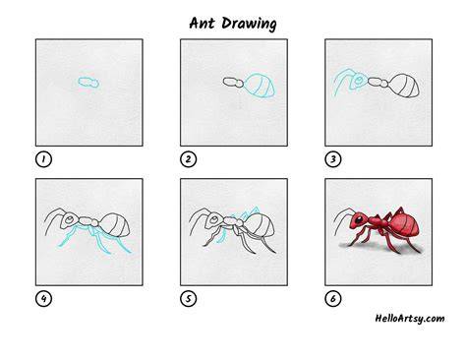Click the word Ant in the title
202,24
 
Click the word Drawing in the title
249,24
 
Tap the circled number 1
43,159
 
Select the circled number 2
189,159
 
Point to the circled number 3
333,159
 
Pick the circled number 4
43,299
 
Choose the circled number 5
189,299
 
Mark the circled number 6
333,299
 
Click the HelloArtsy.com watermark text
410,319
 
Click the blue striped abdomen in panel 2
261,86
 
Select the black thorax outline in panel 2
233,82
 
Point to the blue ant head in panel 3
358,81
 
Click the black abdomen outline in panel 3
405,86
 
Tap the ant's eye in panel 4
69,220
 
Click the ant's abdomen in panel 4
114,225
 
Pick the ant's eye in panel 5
213,220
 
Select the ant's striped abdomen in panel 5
260,225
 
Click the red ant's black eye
360,219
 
